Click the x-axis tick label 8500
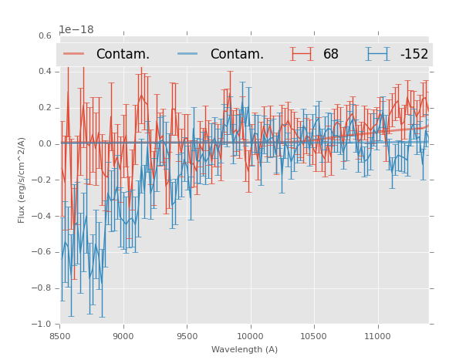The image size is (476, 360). point(59,335)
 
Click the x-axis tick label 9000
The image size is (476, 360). point(123,335)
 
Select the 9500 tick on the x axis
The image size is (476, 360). point(187,335)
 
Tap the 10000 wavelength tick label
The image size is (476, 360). point(251,335)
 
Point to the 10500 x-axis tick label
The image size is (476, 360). point(314,335)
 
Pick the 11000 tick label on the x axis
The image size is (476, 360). point(377,335)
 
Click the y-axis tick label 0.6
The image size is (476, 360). point(45,35)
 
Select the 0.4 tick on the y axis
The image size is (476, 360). point(45,72)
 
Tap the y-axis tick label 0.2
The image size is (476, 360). point(45,108)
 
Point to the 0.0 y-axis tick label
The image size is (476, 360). point(45,144)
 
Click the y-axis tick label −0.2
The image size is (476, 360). point(43,180)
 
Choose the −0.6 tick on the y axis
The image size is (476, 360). point(43,252)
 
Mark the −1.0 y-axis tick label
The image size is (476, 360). point(43,324)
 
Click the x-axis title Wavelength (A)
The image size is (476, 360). point(245,349)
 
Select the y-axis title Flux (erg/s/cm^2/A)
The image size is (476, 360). point(22,180)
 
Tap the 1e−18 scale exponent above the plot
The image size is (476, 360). point(76,30)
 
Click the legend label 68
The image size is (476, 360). point(331,55)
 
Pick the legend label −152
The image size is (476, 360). point(414,55)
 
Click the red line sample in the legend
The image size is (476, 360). point(74,54)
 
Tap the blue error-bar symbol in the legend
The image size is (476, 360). point(378,54)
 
